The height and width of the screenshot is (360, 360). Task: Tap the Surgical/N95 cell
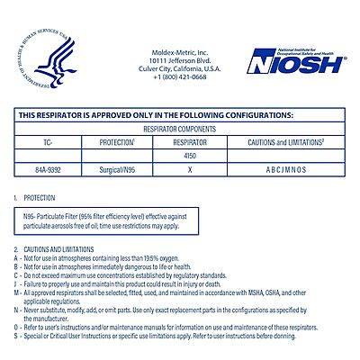click(x=115, y=168)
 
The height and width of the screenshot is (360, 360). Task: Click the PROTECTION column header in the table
click(x=115, y=142)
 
